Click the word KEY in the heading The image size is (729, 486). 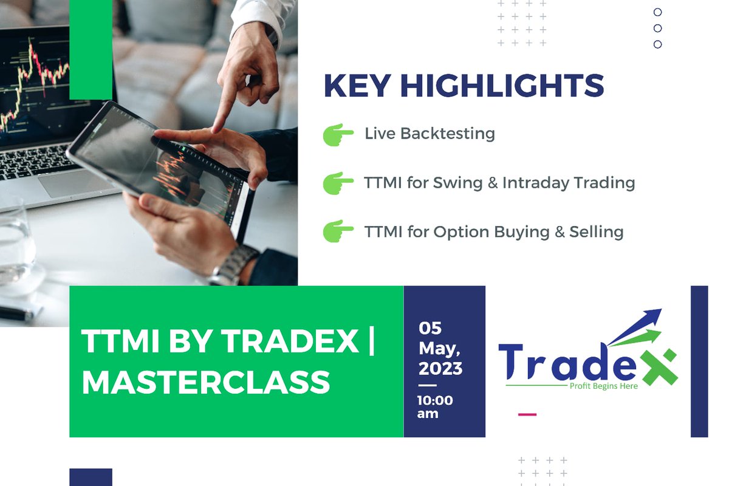point(356,86)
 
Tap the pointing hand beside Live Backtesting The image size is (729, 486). point(338,134)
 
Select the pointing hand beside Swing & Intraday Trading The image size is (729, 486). point(338,183)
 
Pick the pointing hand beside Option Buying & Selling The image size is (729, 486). point(338,231)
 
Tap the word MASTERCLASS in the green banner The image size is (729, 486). point(205,382)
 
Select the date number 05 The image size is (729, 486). point(430,329)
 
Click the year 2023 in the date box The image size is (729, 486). point(440,368)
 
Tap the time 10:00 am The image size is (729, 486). point(434,406)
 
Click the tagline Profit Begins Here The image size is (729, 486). point(603,386)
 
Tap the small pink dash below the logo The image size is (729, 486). point(527,414)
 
